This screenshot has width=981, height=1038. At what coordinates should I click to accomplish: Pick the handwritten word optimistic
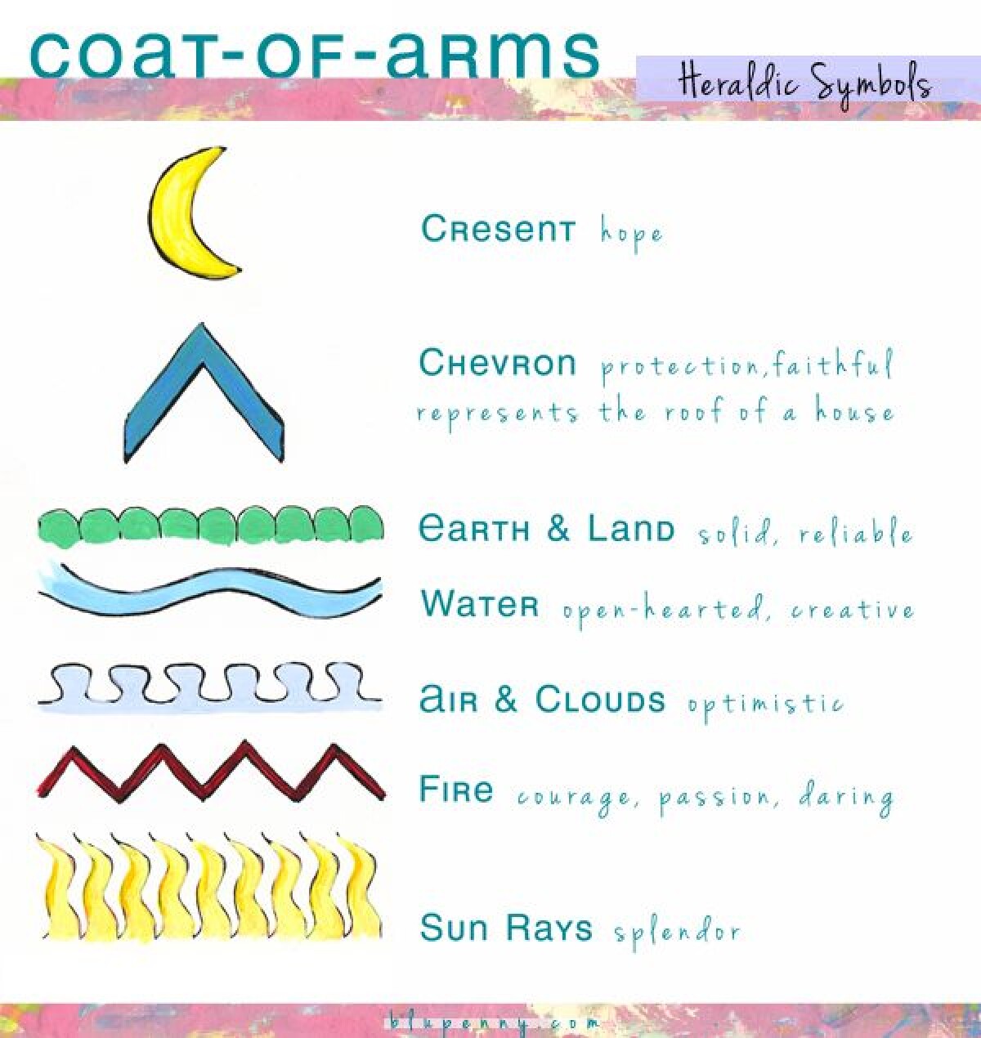click(x=765, y=703)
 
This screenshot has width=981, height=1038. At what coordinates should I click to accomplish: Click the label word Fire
click(x=456, y=790)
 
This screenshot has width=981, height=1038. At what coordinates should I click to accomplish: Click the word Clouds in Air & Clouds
click(x=600, y=699)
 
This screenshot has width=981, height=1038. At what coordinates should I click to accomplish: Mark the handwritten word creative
click(x=853, y=610)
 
